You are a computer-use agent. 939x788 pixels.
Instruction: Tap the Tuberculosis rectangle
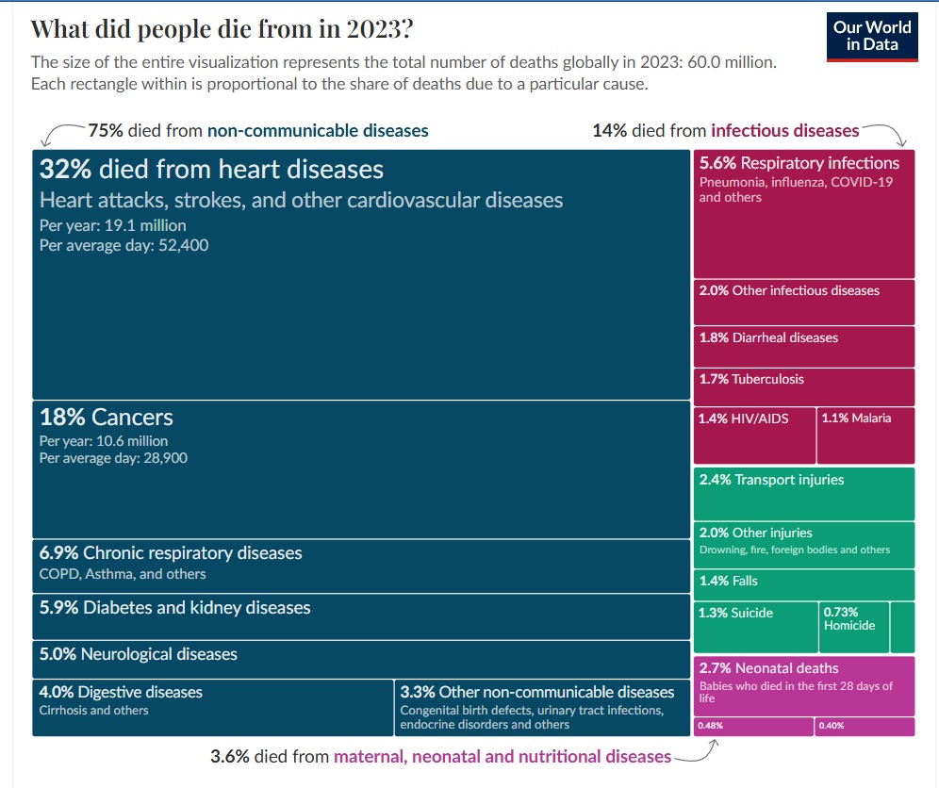[804, 386]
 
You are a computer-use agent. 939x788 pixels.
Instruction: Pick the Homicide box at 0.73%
[854, 627]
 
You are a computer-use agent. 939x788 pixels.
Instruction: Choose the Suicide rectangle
[755, 627]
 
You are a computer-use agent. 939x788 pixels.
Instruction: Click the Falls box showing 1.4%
[804, 583]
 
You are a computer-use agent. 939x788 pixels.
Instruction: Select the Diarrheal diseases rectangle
[804, 346]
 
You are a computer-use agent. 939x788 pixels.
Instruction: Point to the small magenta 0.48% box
[753, 727]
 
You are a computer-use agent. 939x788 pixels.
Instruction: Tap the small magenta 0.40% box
[865, 727]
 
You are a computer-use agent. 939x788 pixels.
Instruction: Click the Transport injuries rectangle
[804, 493]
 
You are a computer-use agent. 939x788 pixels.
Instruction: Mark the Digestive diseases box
[213, 707]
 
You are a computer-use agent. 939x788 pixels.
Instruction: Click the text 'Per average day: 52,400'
[124, 245]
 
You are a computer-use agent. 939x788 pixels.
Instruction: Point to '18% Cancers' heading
[107, 417]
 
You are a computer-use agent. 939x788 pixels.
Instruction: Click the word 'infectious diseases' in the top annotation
[785, 131]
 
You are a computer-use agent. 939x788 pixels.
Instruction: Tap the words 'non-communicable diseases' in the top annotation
[318, 131]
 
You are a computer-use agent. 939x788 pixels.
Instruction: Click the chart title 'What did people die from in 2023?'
[222, 29]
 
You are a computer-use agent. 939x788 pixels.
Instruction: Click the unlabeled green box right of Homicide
[902, 627]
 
